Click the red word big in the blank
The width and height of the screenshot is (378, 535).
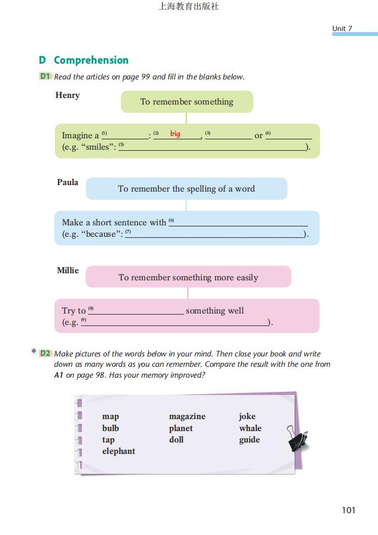point(175,133)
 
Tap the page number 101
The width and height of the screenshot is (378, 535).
point(349,510)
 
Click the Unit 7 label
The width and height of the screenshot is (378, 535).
point(342,28)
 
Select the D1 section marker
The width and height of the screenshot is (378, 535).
point(45,77)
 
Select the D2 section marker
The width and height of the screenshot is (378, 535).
point(45,353)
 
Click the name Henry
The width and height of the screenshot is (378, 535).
point(67,95)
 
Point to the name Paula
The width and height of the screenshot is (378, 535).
point(67,182)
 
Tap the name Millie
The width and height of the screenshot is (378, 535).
point(68,270)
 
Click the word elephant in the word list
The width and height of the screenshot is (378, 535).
point(119,451)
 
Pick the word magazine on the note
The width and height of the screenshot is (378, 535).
point(187,416)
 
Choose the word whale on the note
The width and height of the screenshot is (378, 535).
point(250,428)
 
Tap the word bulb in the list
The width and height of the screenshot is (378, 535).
point(110,428)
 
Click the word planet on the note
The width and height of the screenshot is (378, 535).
point(181,428)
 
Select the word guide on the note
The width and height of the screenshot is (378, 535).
point(250,440)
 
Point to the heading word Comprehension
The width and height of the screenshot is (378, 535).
point(91,60)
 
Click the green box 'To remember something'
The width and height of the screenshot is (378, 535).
point(187,102)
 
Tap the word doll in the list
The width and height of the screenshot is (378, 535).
point(176,440)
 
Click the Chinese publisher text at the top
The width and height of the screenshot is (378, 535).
point(189,7)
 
